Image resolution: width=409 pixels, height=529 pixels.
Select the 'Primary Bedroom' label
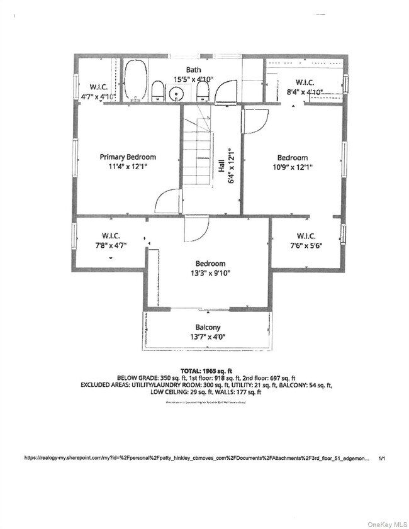coord(128,157)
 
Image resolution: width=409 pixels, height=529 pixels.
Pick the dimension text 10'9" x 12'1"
coord(292,167)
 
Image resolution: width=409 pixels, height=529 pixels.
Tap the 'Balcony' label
coord(208,328)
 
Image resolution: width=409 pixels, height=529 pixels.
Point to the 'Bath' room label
coord(193,70)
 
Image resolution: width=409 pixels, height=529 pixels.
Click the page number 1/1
coord(382,459)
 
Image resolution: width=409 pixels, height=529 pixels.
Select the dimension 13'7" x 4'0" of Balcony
coord(207,337)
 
